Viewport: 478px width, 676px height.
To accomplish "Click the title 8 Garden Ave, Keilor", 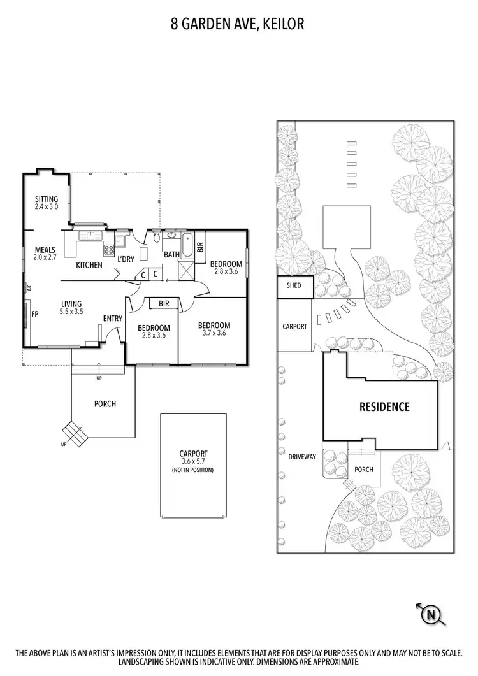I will tap(237, 24).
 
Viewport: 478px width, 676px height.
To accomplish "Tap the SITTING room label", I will tap(47, 203).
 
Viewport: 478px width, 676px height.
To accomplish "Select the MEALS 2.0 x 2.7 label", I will tap(46, 253).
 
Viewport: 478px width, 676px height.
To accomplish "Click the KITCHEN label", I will tap(89, 264).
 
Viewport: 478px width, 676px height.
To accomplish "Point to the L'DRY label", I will tap(125, 259).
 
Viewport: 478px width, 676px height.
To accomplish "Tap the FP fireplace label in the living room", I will tap(36, 314).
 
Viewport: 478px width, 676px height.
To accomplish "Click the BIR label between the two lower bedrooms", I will tap(164, 304).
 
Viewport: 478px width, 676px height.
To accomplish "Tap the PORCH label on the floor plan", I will tap(105, 403).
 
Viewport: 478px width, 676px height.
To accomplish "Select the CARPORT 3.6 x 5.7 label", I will tap(194, 457).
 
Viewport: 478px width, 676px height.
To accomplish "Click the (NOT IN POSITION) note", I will tap(193, 470).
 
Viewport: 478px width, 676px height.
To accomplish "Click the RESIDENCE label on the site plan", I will tap(384, 406).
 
